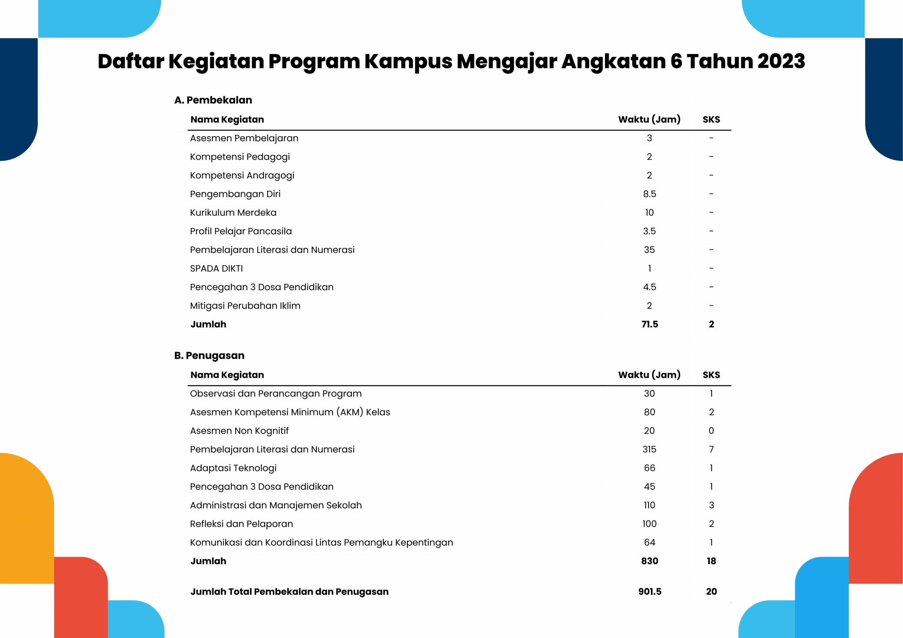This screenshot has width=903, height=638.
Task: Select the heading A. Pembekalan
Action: (x=213, y=100)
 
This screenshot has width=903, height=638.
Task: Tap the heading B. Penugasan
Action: (x=209, y=356)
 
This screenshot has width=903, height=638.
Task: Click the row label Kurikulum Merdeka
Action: (x=233, y=213)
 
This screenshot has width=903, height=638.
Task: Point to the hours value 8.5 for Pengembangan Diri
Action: (x=649, y=194)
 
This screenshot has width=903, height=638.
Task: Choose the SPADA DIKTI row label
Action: (x=216, y=269)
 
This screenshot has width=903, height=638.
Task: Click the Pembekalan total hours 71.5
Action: (x=649, y=324)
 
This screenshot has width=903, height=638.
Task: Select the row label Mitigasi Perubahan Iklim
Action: (x=245, y=305)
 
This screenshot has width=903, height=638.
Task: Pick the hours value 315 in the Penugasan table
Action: (x=649, y=449)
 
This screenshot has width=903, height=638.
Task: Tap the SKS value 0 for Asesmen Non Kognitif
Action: (x=711, y=431)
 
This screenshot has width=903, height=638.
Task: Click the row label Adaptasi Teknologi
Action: (x=233, y=468)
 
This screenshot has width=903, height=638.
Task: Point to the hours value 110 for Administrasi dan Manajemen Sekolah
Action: (x=649, y=505)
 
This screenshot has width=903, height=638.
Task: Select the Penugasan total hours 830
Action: (x=649, y=561)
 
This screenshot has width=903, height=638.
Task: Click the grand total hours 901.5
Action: (x=650, y=592)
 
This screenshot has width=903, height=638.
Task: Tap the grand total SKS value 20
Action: (x=711, y=592)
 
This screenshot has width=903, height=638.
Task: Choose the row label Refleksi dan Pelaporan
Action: (x=241, y=524)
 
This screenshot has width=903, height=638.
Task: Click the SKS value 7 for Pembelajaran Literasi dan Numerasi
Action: (x=711, y=449)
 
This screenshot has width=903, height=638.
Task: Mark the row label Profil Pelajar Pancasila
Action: (x=241, y=231)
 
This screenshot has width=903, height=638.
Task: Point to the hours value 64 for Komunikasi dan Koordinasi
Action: (x=649, y=543)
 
